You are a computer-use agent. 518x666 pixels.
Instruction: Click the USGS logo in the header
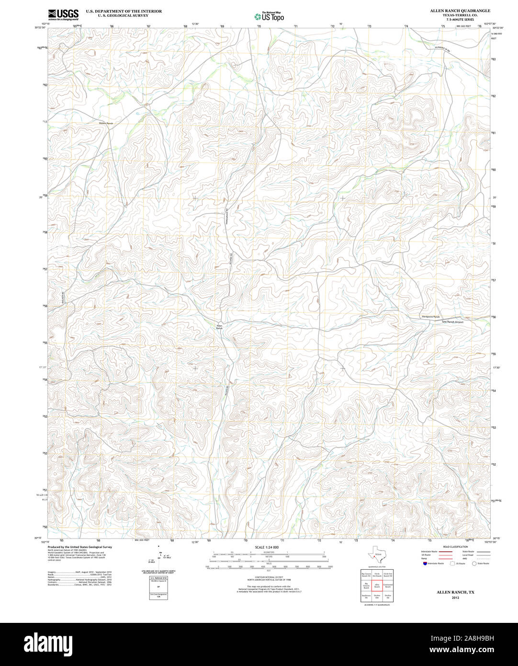point(63,14)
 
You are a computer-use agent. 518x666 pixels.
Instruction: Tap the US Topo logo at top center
point(269,16)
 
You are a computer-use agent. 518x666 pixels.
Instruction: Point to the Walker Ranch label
point(106,124)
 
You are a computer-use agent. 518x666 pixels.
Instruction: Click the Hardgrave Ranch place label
point(430,317)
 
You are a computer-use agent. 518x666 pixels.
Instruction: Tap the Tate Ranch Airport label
point(452,322)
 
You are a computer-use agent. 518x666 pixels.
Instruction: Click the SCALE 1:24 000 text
point(267,547)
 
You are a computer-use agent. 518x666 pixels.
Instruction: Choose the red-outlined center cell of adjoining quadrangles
point(377,586)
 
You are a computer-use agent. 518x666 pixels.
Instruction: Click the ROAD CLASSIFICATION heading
point(455,547)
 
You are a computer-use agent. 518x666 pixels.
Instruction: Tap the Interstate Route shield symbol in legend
point(425,563)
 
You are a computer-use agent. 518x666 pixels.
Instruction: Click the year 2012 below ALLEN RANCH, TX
point(455,597)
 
